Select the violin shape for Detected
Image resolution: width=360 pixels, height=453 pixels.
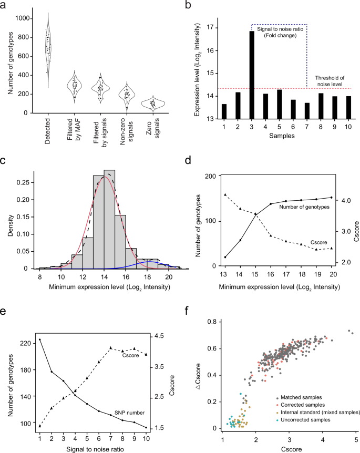click(48, 50)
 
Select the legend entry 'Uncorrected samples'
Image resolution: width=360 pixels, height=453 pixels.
click(306, 421)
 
